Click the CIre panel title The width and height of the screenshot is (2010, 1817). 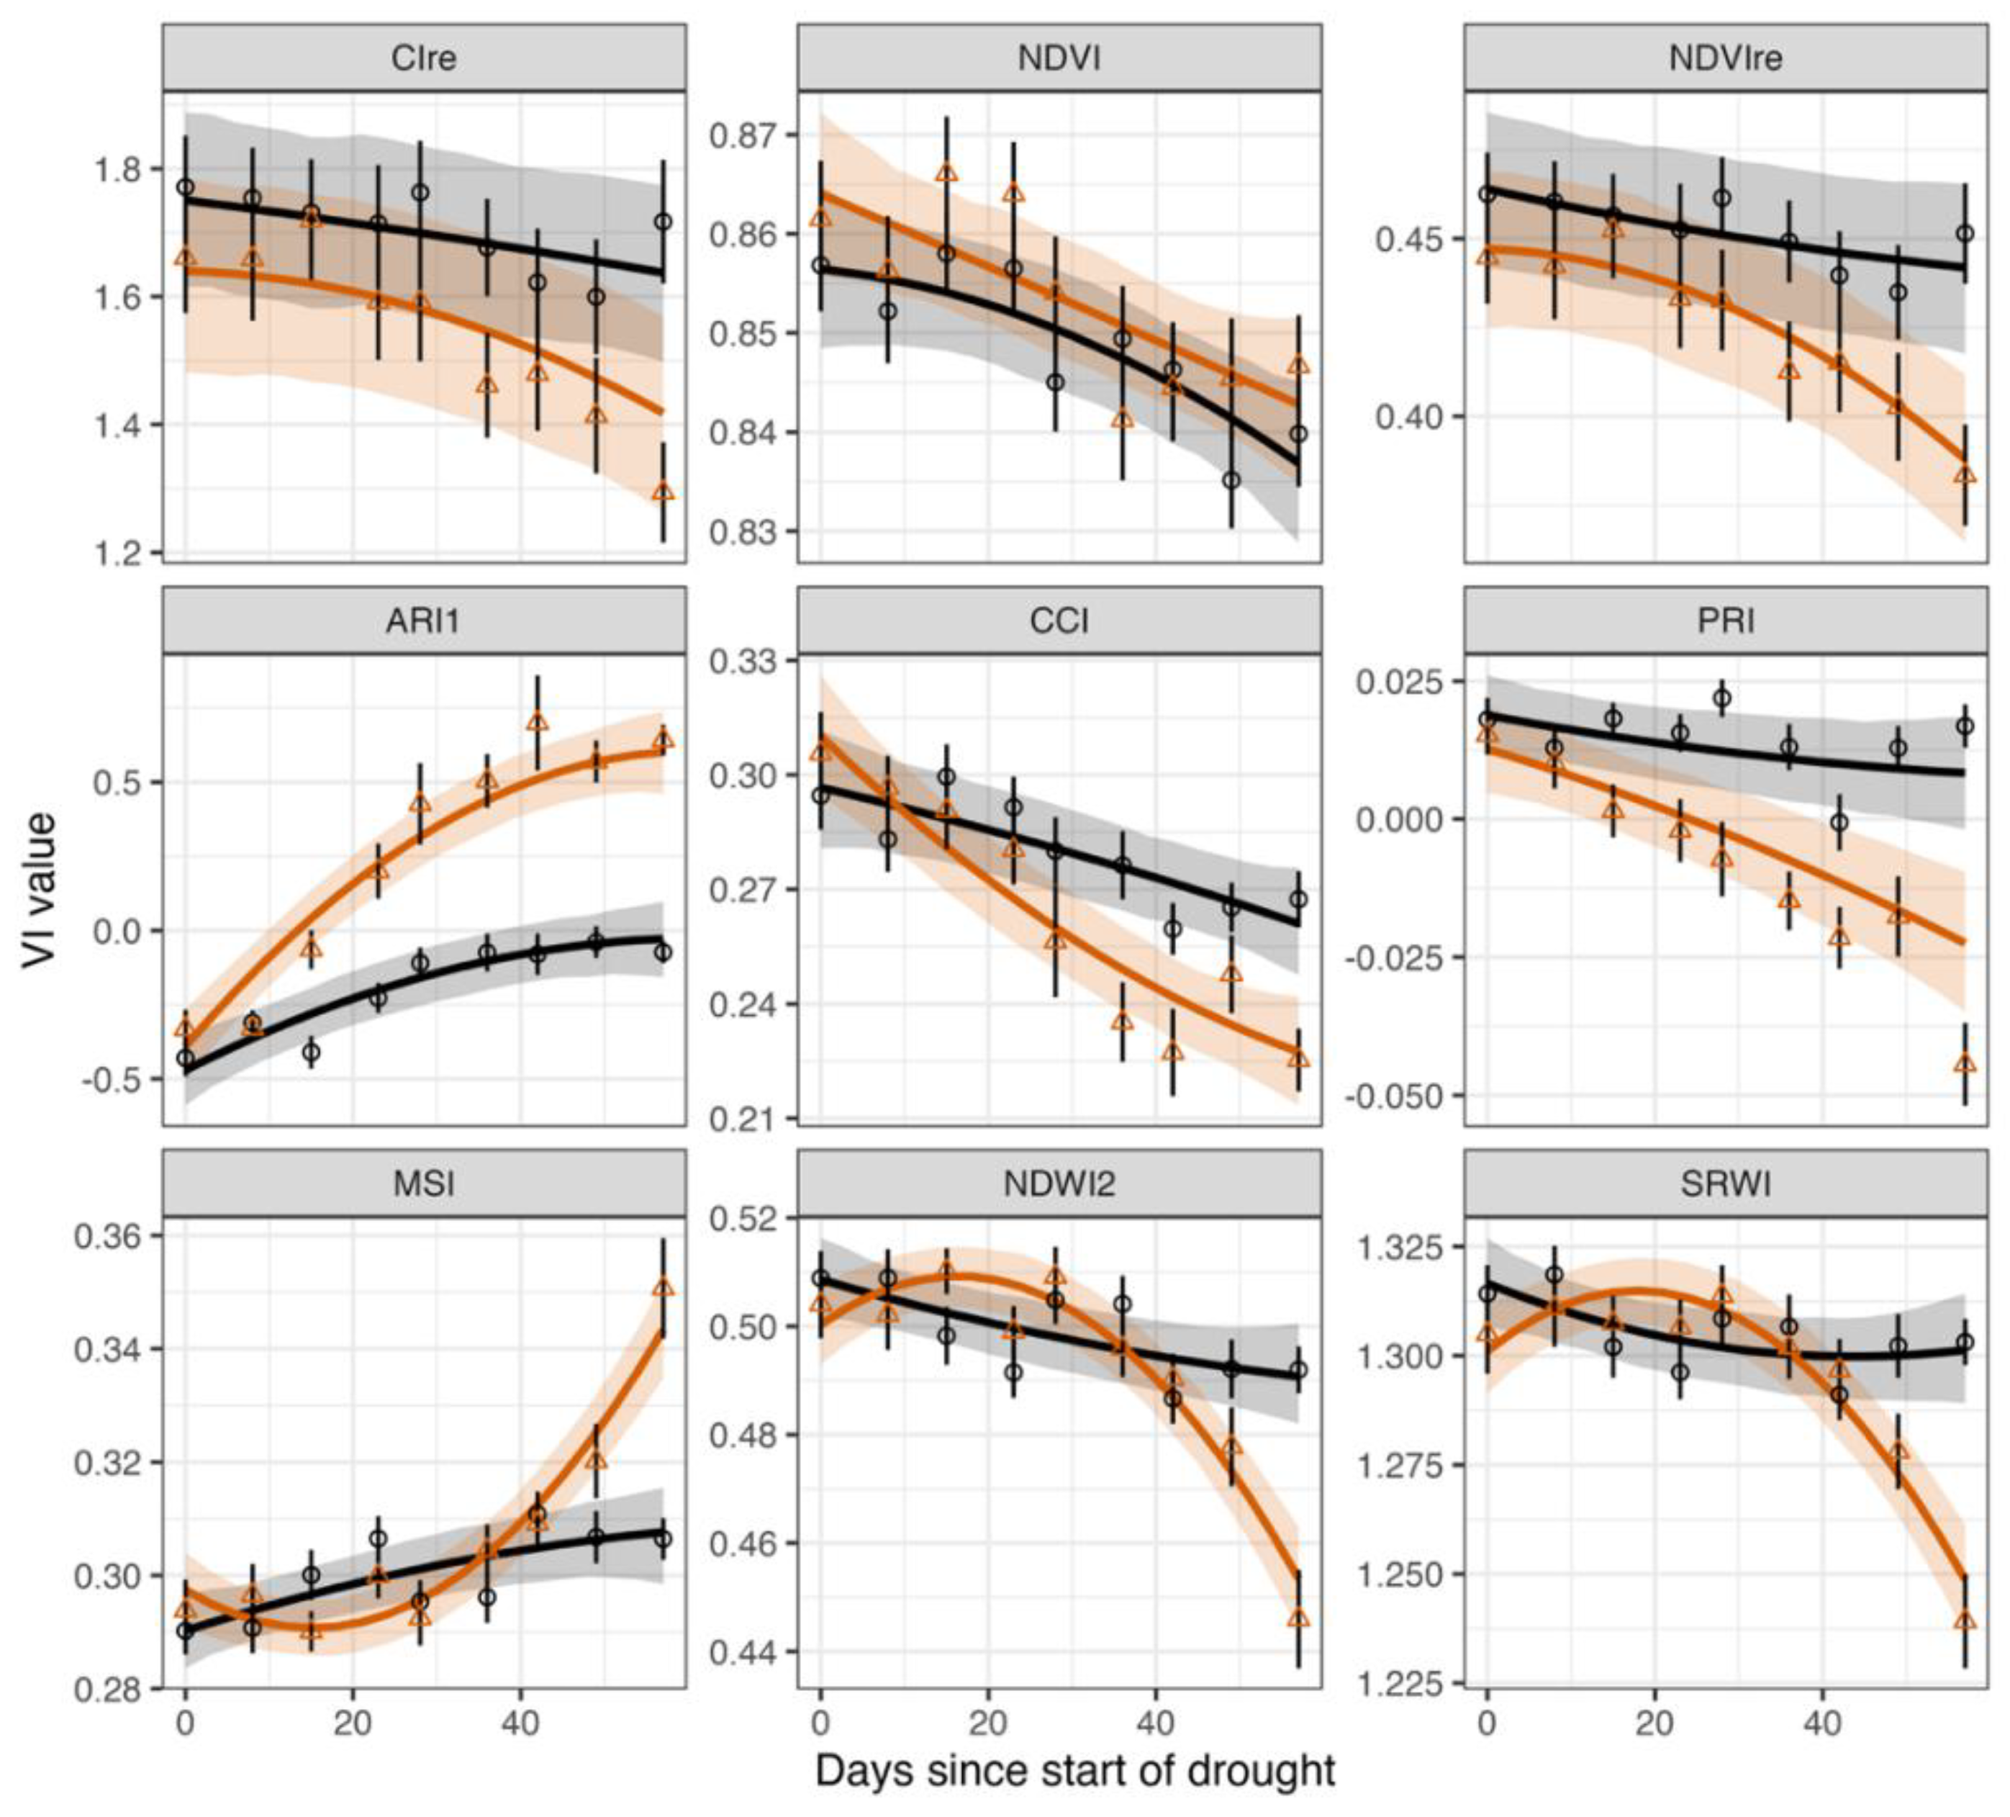click(424, 58)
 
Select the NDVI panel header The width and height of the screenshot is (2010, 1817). click(1059, 58)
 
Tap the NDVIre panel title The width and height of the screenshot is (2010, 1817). click(1725, 58)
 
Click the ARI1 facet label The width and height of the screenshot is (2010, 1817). click(424, 621)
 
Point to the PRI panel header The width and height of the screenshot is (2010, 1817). click(1725, 621)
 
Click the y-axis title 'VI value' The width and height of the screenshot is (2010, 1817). click(40, 890)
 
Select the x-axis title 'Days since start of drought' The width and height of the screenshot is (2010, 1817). click(1074, 1770)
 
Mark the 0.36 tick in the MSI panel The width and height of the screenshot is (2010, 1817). click(109, 1235)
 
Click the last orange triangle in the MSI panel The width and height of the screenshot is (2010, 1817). click(663, 1287)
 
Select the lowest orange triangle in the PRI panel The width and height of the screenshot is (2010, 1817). click(1964, 1064)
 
